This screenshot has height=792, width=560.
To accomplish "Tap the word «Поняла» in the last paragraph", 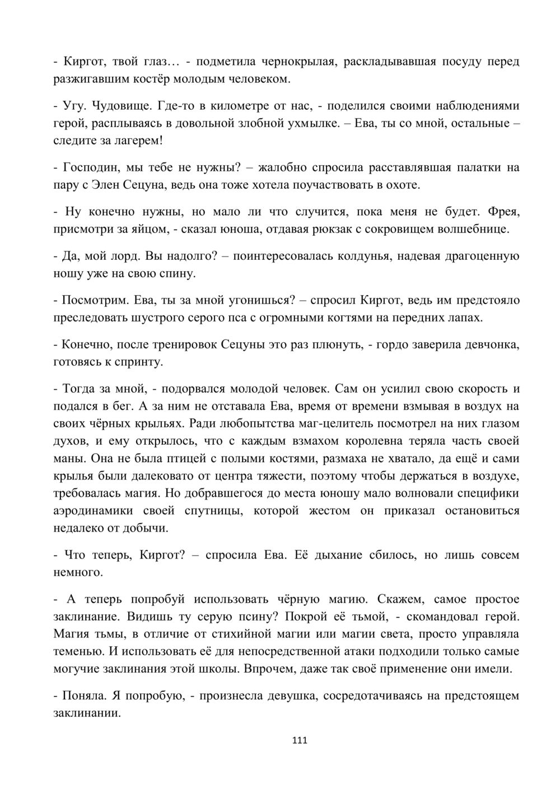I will (x=84, y=696).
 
